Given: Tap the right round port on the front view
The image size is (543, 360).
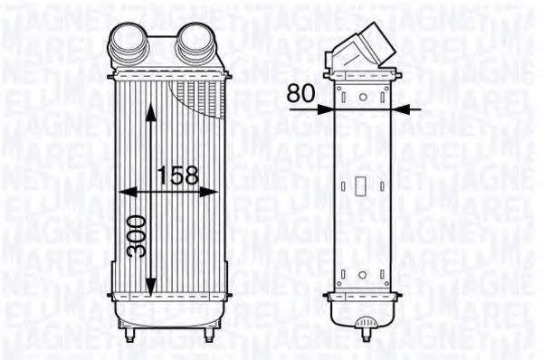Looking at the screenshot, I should (193, 40).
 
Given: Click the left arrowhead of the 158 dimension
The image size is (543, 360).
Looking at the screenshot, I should (124, 192).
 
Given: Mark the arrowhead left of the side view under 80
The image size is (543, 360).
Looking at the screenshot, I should (327, 109).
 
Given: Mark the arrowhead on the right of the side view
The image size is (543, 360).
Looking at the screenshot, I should (399, 109).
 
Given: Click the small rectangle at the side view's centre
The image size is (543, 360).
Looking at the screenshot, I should (361, 186).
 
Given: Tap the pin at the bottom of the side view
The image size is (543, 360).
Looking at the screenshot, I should (365, 321).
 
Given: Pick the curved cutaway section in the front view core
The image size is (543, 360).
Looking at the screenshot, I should (194, 100).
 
